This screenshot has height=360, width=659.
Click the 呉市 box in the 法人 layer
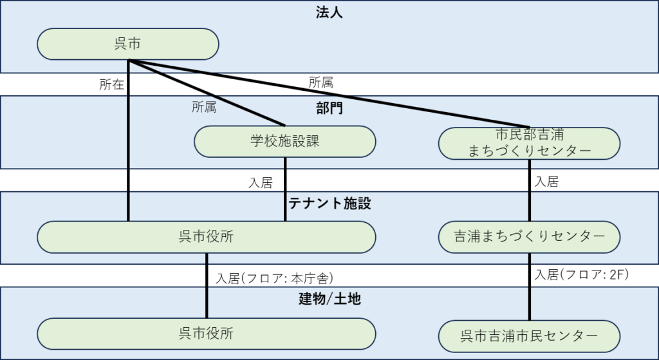coord(128,44)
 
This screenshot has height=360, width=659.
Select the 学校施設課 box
coord(284,142)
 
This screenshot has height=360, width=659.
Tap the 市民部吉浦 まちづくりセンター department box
coord(529,142)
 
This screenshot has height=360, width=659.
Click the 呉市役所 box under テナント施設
coord(206,237)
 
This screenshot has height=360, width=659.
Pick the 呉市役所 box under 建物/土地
coord(206,334)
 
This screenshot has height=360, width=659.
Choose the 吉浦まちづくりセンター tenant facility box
coord(529,237)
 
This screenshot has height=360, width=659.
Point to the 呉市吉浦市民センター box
coord(529,336)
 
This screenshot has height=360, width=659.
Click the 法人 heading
coord(329,12)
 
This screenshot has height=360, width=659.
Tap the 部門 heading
coord(329,108)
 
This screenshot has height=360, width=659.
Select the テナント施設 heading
coord(329,204)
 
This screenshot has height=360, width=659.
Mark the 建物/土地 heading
coord(329,299)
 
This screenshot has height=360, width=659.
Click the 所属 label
coord(204,108)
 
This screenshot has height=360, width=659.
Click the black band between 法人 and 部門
coord(450,84)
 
